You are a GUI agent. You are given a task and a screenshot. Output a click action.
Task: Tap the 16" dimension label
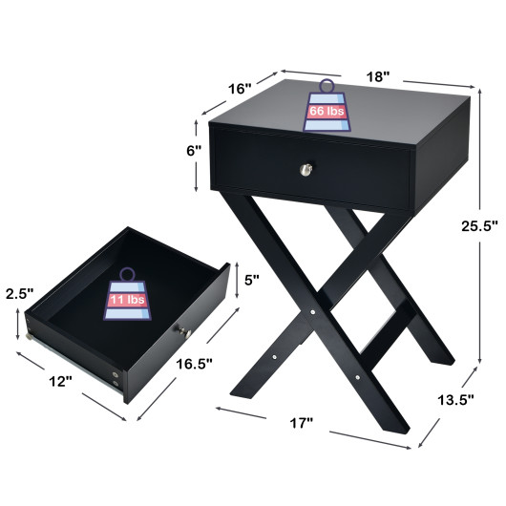pyautogui.click(x=240, y=89)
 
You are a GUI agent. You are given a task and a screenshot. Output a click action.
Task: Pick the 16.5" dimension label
pyautogui.click(x=195, y=364)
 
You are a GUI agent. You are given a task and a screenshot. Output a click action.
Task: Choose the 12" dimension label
pyautogui.click(x=60, y=382)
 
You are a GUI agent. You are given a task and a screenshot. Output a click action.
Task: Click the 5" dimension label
pyautogui.click(x=252, y=281)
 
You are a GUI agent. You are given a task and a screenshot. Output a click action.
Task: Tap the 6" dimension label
pyautogui.click(x=194, y=151)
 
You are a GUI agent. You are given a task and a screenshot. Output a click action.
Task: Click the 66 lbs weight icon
pyautogui.click(x=326, y=112)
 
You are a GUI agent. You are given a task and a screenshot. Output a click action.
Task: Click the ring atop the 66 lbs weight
pyautogui.click(x=326, y=86)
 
